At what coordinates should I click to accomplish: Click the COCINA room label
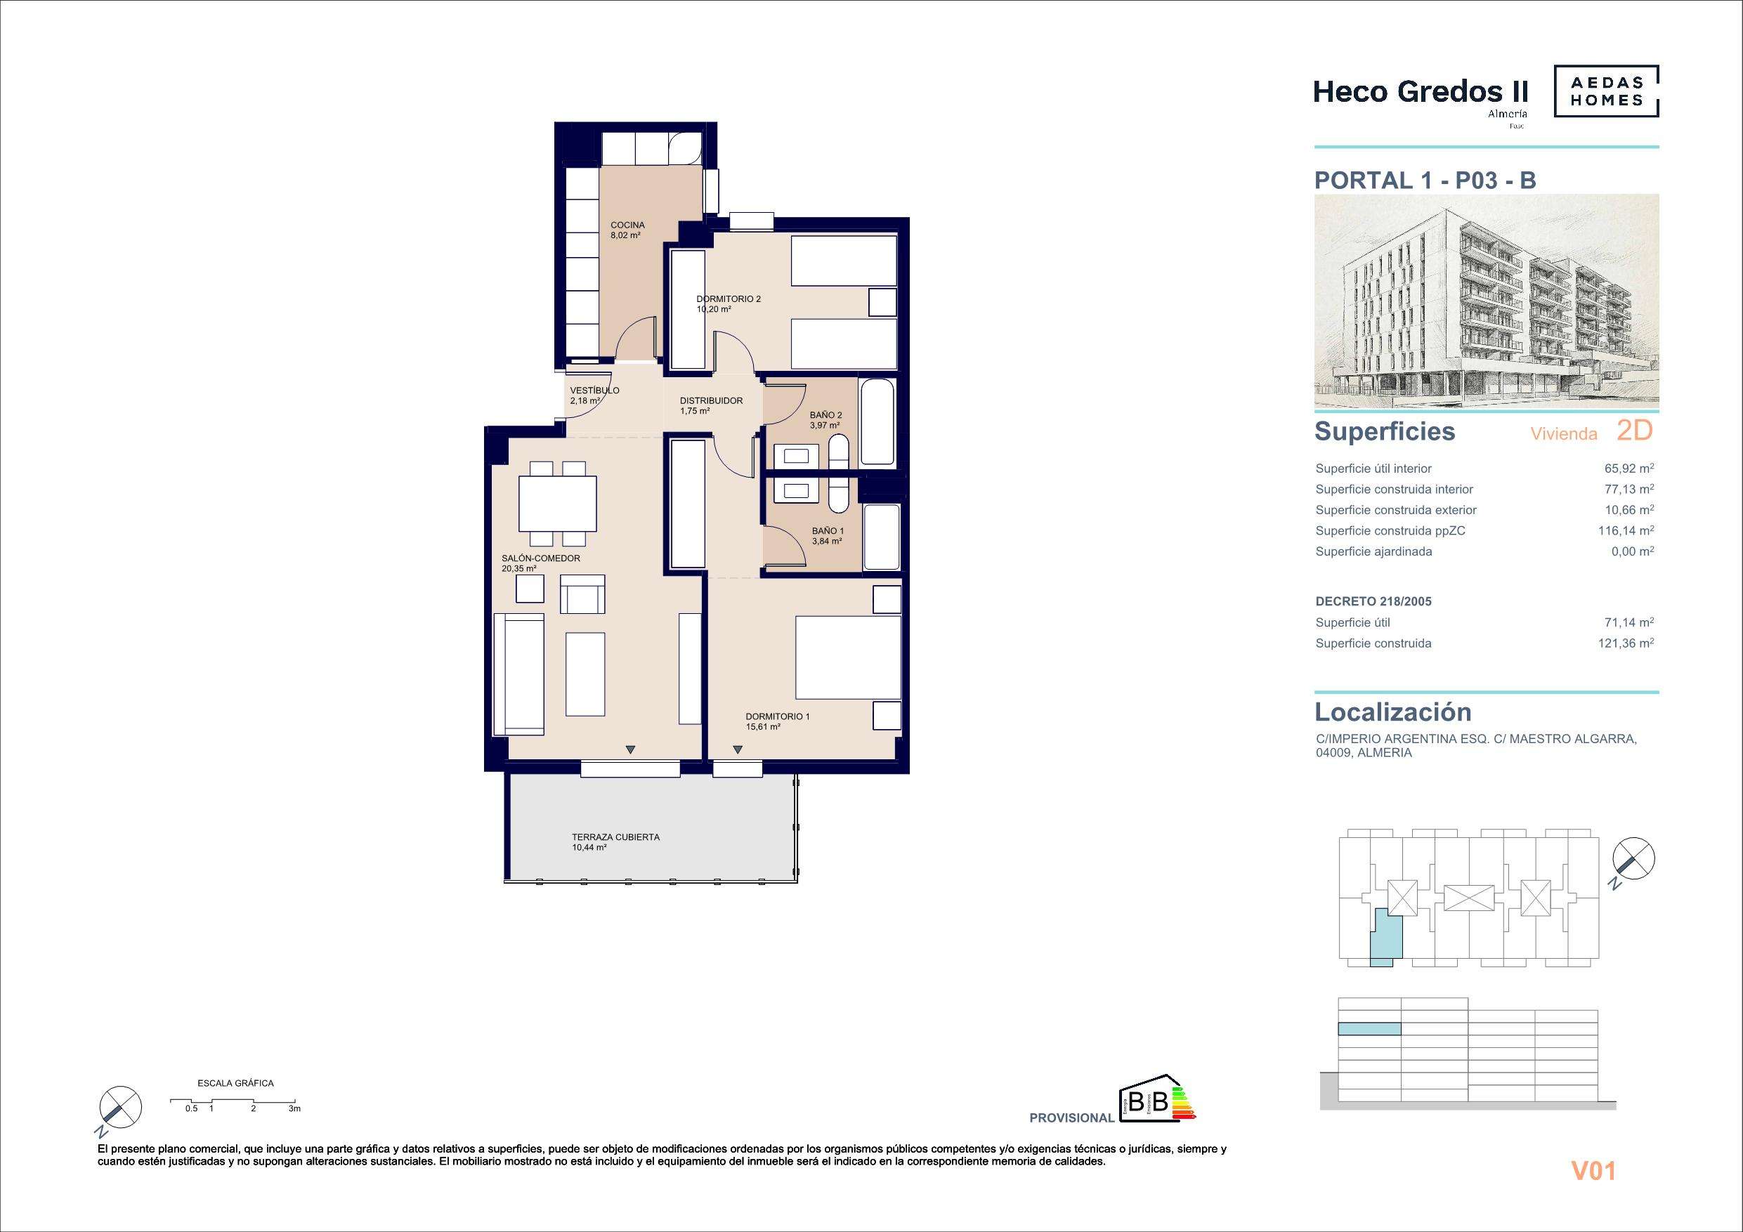[628, 225]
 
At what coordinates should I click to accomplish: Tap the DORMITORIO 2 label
[729, 299]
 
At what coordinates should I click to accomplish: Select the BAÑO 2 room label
[826, 415]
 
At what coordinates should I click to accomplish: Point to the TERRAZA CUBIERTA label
[615, 837]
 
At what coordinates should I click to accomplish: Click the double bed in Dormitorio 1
[847, 657]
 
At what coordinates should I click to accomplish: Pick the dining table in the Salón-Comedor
[557, 504]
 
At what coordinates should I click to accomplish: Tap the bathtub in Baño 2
[877, 422]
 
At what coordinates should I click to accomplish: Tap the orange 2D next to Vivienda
[1634, 431]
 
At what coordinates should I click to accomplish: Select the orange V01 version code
[1593, 1172]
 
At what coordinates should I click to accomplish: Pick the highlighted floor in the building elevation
[1369, 1029]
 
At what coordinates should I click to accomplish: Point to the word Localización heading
[1393, 712]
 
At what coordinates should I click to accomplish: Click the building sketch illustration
[1487, 301]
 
